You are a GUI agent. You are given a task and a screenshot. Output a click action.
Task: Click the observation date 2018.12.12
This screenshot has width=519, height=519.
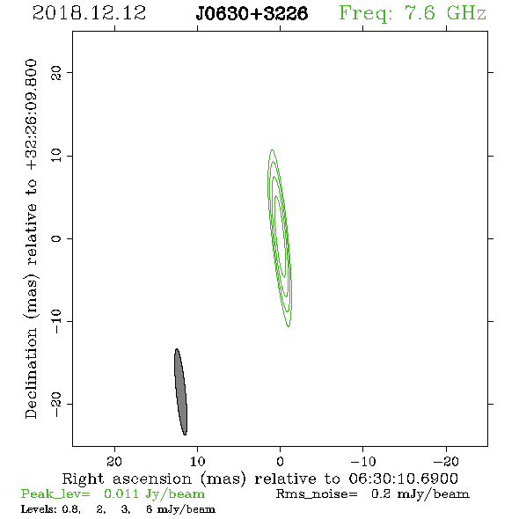click(89, 13)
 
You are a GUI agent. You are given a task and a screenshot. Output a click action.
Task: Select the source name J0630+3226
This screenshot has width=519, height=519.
click(252, 13)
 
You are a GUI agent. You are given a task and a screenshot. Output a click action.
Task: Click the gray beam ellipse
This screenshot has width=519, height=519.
click(180, 392)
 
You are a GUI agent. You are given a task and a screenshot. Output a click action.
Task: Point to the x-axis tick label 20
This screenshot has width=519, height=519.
click(114, 462)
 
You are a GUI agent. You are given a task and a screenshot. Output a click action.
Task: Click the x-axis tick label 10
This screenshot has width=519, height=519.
click(198, 462)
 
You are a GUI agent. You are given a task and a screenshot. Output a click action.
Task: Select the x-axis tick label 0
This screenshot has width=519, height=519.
click(280, 462)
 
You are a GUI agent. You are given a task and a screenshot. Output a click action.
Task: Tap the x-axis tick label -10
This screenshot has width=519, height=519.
click(363, 462)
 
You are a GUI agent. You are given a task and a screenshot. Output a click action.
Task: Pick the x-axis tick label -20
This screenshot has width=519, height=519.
click(446, 462)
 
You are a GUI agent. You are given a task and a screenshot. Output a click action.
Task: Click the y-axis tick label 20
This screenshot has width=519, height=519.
click(56, 72)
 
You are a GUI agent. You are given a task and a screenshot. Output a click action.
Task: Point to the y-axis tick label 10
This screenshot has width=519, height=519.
click(56, 155)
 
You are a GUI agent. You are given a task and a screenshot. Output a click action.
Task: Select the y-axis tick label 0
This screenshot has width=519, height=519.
click(56, 238)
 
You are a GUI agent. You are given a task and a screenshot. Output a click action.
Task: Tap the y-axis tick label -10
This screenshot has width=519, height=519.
click(56, 321)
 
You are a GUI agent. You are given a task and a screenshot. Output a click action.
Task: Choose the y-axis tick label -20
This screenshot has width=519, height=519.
click(56, 404)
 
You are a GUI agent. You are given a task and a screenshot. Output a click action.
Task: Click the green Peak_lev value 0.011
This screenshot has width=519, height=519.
click(121, 493)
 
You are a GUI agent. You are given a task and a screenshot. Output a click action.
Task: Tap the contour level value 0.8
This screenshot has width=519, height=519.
click(71, 509)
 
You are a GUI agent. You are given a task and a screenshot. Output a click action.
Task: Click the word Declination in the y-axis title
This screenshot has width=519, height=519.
click(31, 374)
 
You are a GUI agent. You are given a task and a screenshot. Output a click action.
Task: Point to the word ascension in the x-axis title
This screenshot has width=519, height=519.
click(152, 479)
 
